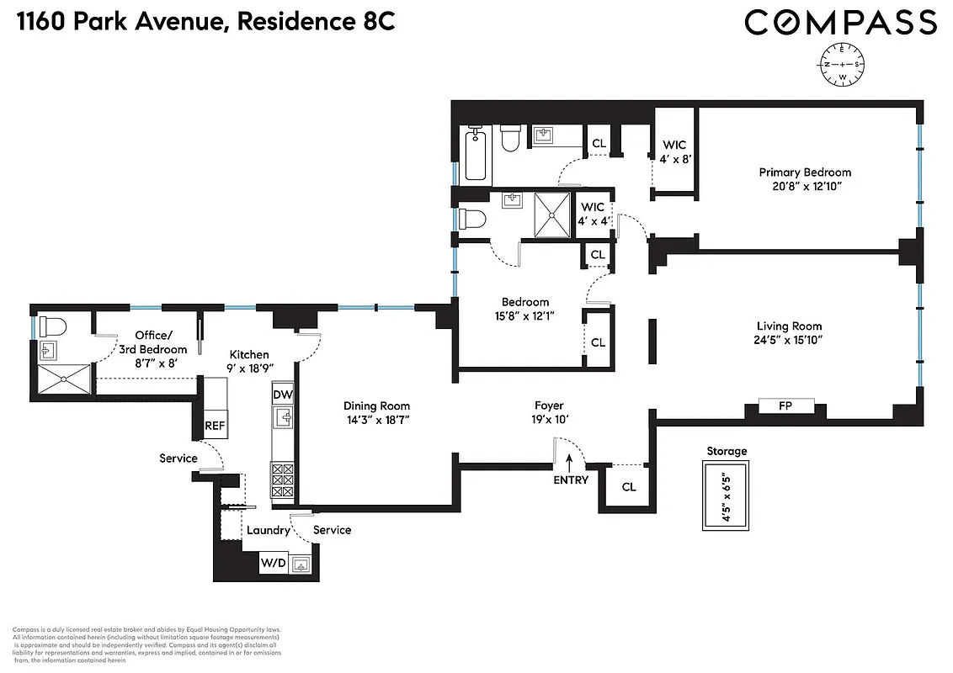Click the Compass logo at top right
(x=840, y=23)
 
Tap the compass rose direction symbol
(x=842, y=64)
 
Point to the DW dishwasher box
(x=283, y=394)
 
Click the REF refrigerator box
(x=215, y=426)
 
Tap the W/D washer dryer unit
(x=272, y=563)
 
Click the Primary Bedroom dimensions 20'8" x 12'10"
(x=805, y=187)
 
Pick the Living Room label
(x=789, y=326)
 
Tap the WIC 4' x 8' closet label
(x=674, y=151)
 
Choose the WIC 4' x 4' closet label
(x=593, y=214)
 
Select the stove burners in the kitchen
(x=283, y=480)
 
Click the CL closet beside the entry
(x=628, y=487)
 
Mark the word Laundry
(x=268, y=531)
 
